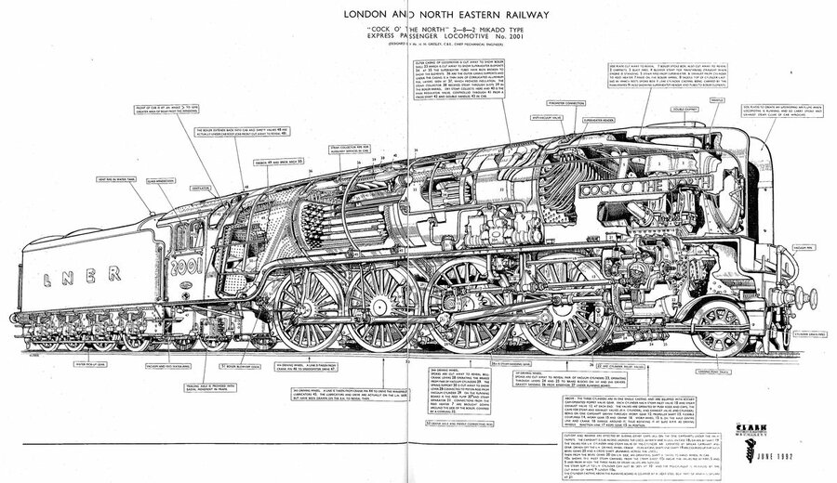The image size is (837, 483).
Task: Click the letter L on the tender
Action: [47, 276]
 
